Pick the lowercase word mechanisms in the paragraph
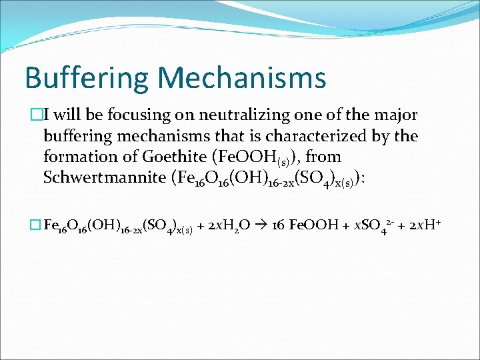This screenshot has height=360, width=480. [x=164, y=136]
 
